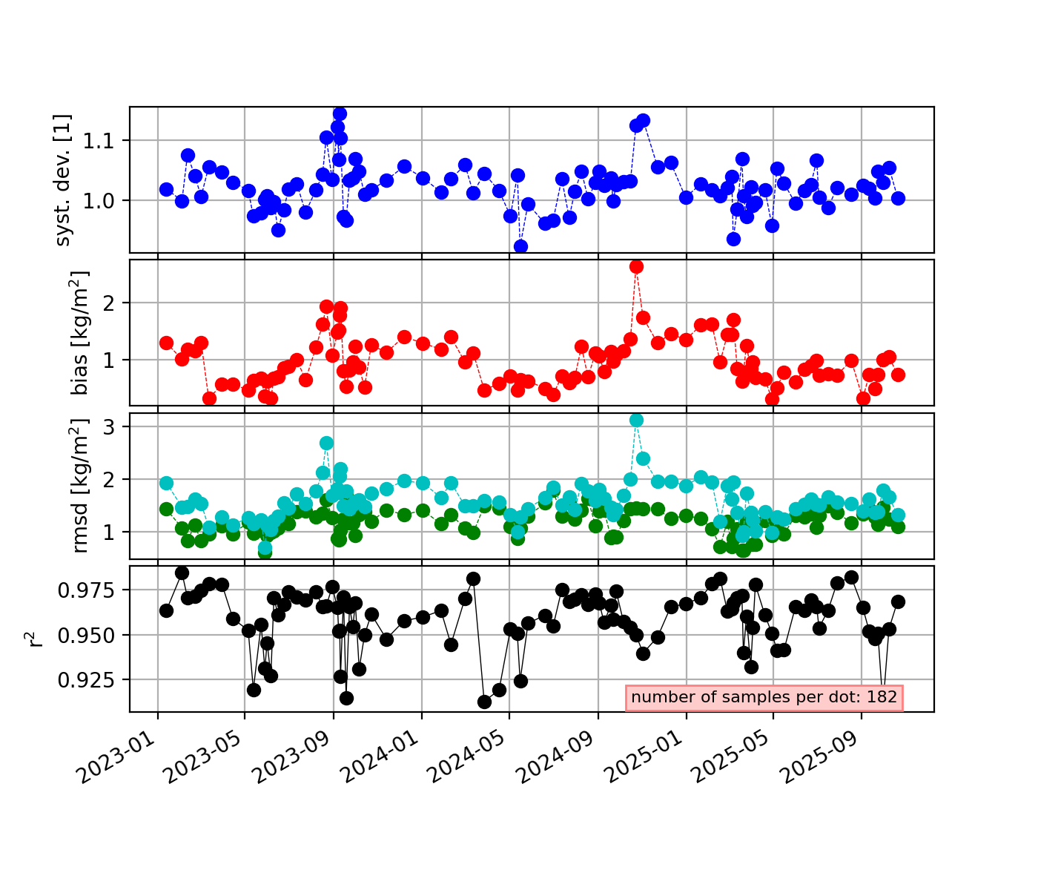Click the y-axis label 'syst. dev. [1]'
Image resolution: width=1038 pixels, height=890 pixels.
[65, 179]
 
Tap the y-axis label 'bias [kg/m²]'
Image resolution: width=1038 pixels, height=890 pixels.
[79, 332]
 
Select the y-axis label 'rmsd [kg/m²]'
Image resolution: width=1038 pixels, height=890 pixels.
[79, 486]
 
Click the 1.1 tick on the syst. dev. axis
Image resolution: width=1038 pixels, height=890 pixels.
[105, 140]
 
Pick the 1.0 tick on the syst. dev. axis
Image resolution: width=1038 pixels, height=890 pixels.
[105, 201]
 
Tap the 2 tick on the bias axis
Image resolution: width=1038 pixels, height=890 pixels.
[116, 303]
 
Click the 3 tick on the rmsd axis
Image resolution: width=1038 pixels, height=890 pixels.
[116, 426]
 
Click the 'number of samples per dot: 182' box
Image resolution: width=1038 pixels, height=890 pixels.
[764, 697]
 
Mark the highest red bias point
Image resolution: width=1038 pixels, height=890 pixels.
[636, 266]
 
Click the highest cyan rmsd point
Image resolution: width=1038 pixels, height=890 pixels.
[636, 420]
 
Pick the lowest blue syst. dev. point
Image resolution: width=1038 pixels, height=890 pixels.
[520, 246]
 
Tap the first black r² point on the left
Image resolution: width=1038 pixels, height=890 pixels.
[166, 610]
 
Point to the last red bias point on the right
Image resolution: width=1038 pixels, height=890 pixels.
[898, 375]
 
